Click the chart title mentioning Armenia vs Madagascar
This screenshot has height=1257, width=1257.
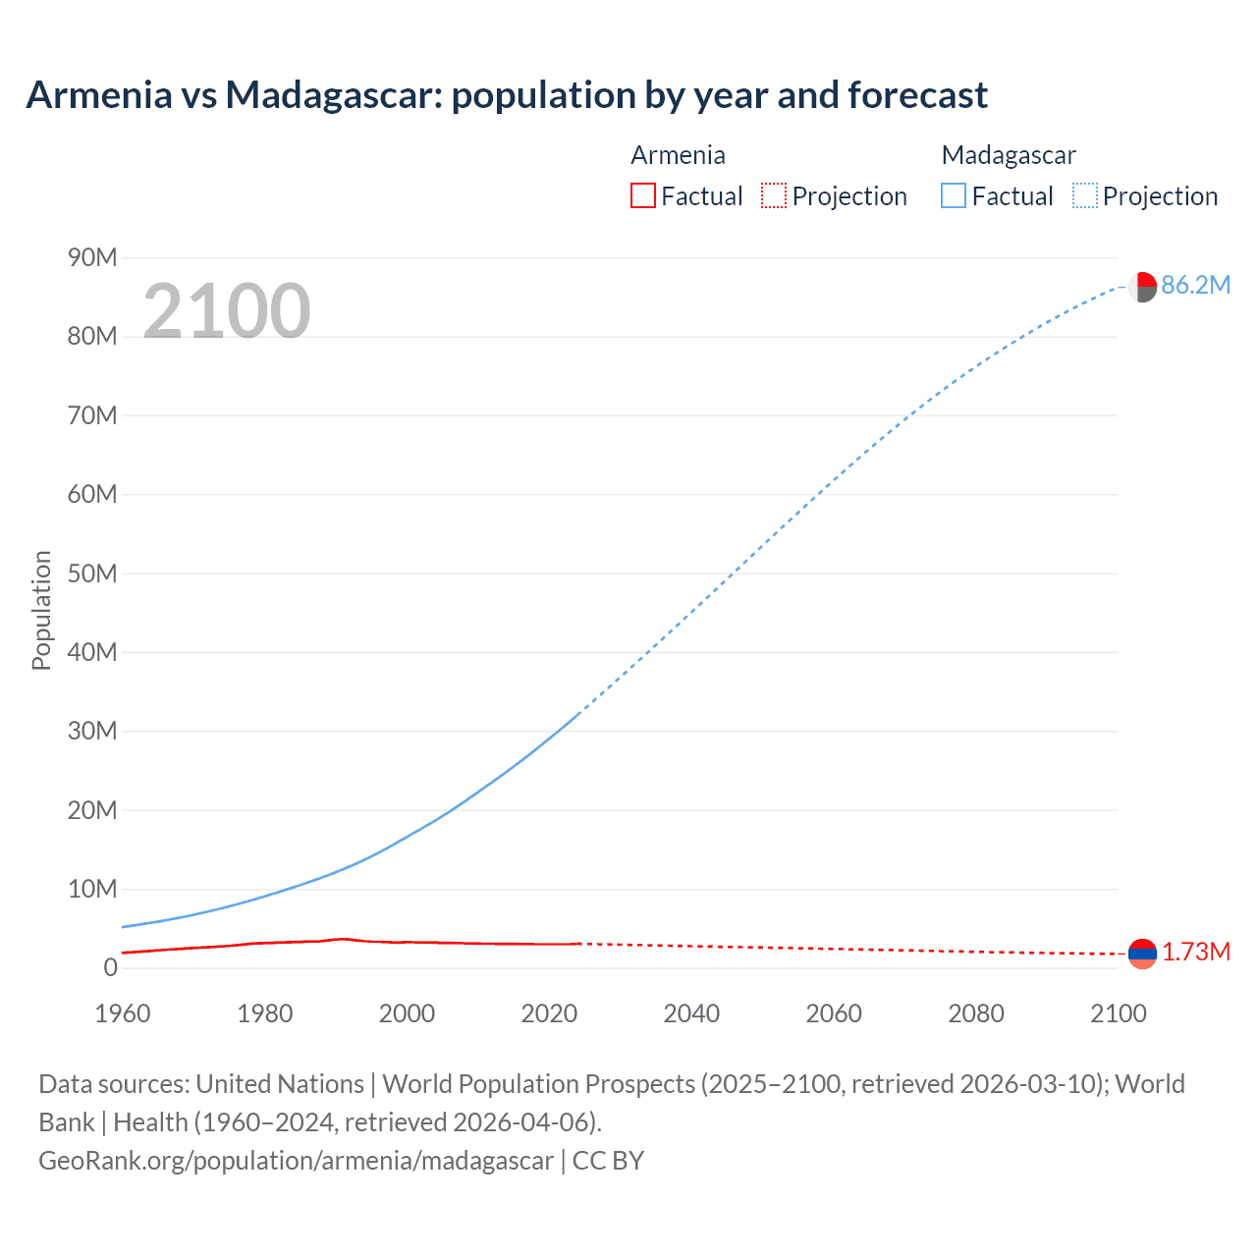point(507,95)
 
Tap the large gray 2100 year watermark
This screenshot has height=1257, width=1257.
point(227,311)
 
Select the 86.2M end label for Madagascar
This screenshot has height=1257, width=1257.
point(1195,285)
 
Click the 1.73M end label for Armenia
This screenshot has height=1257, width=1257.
point(1196,952)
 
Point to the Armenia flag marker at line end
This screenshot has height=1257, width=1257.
point(1142,953)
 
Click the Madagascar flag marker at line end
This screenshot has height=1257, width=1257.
point(1142,287)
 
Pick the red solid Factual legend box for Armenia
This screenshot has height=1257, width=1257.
point(643,195)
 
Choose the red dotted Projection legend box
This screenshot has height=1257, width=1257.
point(774,195)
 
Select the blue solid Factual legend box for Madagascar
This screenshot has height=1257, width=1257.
point(954,195)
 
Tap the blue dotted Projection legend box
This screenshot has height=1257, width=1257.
point(1085,195)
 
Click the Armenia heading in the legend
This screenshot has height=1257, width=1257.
point(678,155)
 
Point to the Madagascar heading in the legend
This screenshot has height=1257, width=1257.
point(1009,155)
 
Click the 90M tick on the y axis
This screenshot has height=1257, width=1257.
point(92,257)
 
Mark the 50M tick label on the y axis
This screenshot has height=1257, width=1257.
point(92,574)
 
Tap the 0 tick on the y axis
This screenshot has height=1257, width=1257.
point(110,967)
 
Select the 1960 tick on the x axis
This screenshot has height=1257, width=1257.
point(123,1013)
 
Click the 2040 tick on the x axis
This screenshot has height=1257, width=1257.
point(691,1013)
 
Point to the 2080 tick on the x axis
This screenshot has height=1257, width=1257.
point(976,1013)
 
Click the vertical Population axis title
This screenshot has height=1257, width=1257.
point(41,610)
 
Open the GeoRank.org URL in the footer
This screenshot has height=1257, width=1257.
point(296,1160)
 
